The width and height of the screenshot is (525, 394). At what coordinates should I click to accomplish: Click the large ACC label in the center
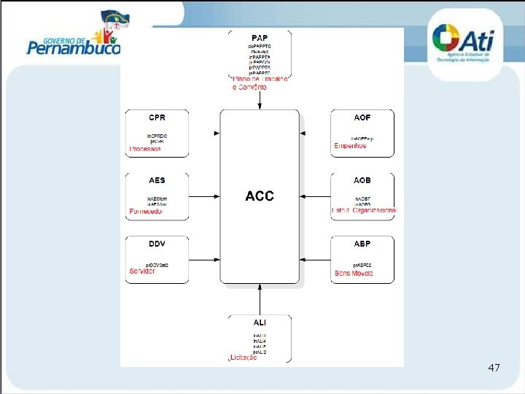click(260, 196)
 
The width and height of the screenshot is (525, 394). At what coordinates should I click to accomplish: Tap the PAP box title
click(260, 37)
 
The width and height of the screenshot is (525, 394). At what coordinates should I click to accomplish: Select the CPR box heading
click(157, 117)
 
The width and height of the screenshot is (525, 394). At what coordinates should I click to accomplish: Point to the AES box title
click(157, 180)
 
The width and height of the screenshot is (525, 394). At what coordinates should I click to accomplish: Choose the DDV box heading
click(157, 243)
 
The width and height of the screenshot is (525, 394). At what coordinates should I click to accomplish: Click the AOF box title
click(362, 117)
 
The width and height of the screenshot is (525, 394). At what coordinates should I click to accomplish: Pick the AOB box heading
click(362, 180)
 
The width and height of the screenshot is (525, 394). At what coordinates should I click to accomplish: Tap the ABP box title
click(362, 243)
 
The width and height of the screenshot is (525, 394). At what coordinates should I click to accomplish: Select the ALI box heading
click(260, 322)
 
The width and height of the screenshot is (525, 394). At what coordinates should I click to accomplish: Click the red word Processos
click(145, 149)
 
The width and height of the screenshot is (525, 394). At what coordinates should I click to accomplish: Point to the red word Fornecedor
click(147, 212)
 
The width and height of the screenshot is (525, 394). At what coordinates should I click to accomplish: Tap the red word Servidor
click(142, 271)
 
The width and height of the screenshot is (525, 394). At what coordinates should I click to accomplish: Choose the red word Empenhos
click(350, 146)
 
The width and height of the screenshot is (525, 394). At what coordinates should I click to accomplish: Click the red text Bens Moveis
click(353, 274)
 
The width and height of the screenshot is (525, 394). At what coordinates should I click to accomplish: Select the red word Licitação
click(244, 358)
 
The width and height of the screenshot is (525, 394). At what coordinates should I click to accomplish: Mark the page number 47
click(494, 368)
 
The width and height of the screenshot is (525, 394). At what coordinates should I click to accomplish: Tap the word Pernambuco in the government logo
click(73, 49)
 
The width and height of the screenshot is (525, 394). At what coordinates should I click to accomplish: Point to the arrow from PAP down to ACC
click(260, 99)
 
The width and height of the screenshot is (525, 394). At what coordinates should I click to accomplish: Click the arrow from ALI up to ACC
click(260, 299)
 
